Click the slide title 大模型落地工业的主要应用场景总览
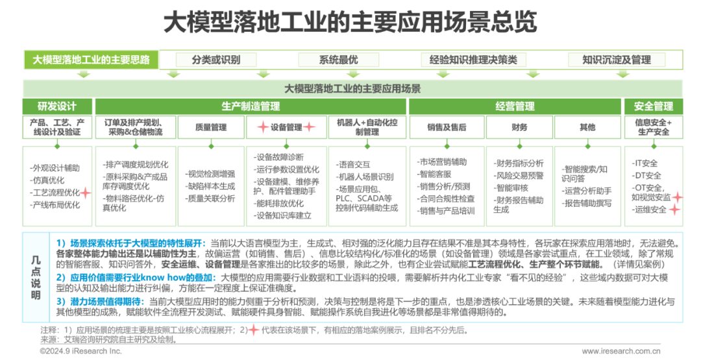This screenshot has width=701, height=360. [350, 21]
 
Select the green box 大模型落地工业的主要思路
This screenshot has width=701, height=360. [91, 60]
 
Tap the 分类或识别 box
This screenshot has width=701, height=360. [216, 60]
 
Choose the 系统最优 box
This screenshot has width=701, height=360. [338, 60]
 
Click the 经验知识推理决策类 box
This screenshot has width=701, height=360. [473, 60]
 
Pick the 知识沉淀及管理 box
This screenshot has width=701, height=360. [617, 60]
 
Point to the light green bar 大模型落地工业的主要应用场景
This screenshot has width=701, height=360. [352, 88]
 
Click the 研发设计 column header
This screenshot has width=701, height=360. [57, 106]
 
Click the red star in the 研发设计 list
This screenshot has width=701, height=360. [84, 192]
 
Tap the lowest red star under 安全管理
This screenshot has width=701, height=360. [674, 210]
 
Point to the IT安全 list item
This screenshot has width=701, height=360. [645, 163]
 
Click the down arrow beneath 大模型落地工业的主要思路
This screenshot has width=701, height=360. [83, 74]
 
